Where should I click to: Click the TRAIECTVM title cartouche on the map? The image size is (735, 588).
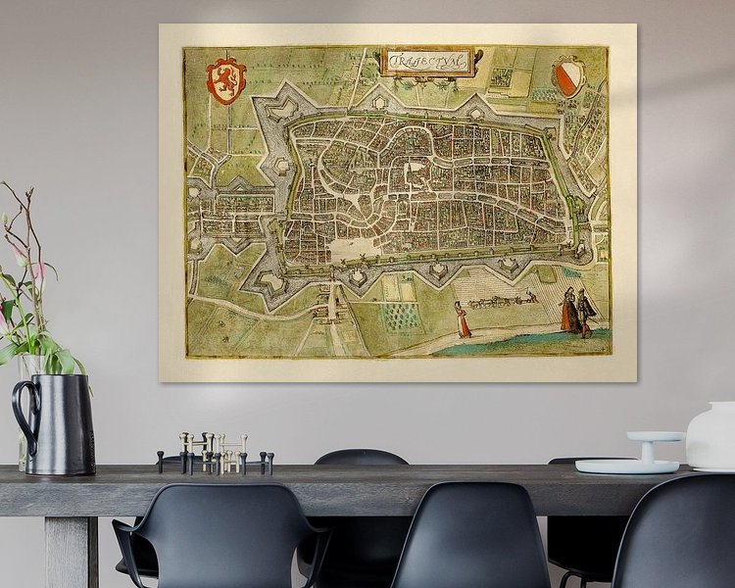[429, 61]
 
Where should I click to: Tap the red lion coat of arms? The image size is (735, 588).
[225, 80]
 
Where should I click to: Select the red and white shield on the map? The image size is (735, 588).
[568, 77]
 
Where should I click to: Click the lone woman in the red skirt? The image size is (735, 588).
[462, 320]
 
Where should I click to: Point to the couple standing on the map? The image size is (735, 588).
[577, 312]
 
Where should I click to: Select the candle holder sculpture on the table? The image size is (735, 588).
[216, 454]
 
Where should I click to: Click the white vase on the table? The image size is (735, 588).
[711, 437]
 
